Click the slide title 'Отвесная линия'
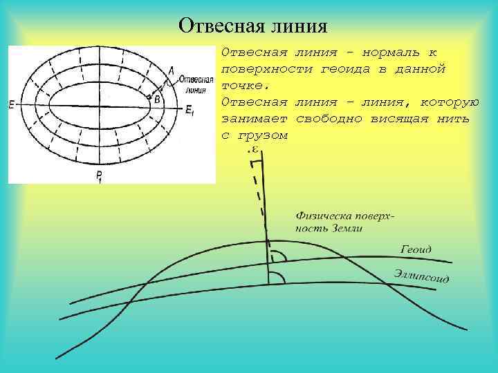(x=252, y=26)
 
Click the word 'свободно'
(x=326, y=119)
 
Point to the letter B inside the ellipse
(x=157, y=99)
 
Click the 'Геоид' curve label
(x=416, y=249)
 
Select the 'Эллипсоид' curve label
(x=421, y=276)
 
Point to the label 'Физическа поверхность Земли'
(x=344, y=222)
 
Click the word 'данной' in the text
(x=421, y=70)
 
